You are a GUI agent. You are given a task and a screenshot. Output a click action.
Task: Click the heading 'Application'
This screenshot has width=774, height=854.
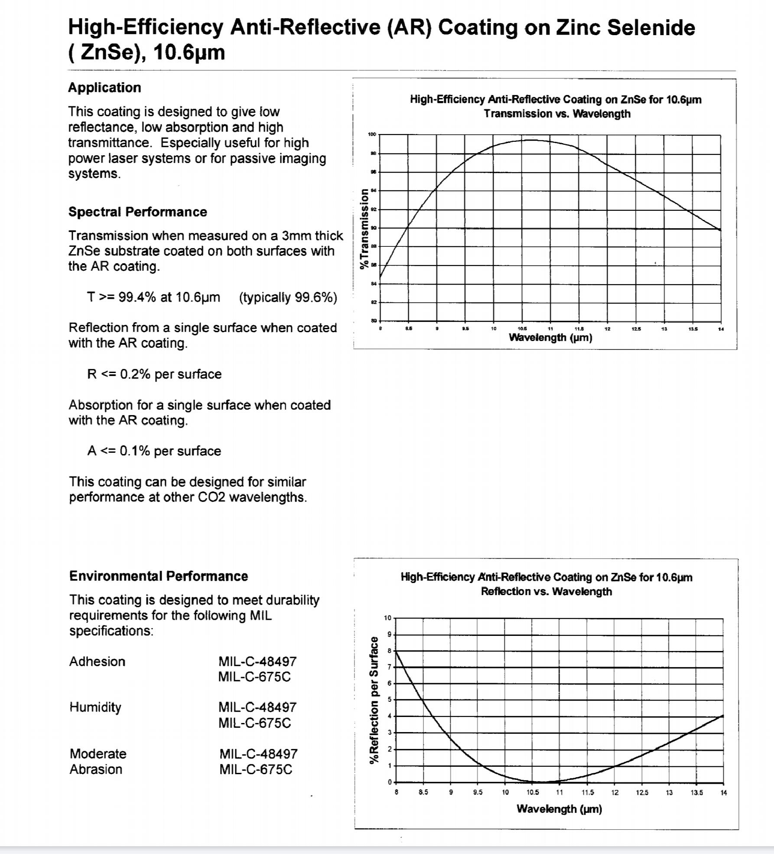(x=104, y=88)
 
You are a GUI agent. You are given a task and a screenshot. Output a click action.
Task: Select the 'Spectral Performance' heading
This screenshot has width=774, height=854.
(x=137, y=212)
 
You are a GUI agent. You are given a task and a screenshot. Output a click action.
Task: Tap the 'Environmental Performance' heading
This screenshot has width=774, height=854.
(x=158, y=576)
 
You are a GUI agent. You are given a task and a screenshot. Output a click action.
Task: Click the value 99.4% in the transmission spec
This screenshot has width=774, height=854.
(x=137, y=298)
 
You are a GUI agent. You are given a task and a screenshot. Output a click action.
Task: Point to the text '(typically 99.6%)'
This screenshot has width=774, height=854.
(x=288, y=298)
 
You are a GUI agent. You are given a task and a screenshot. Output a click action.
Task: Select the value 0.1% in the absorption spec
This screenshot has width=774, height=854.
(x=135, y=451)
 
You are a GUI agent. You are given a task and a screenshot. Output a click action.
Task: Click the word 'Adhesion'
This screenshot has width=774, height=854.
(x=97, y=661)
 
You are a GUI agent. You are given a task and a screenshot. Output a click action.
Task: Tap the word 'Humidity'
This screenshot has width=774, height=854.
(x=95, y=707)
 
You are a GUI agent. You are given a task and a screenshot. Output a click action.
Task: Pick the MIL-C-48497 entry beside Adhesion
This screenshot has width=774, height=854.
(x=257, y=661)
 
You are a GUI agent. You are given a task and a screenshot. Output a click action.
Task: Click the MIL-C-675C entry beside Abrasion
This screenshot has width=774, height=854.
(x=256, y=769)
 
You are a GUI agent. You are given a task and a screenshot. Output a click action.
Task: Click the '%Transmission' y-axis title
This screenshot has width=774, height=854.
(x=365, y=229)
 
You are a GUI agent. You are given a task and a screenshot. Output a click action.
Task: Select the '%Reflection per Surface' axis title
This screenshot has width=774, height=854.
(x=373, y=700)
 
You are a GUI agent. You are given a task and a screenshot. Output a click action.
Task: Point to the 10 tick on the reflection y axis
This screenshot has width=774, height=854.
(x=387, y=618)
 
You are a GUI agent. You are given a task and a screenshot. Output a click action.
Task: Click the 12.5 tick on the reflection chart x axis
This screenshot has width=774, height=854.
(x=642, y=793)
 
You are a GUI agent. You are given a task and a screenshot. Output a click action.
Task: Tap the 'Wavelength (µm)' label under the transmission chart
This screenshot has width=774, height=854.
(x=550, y=337)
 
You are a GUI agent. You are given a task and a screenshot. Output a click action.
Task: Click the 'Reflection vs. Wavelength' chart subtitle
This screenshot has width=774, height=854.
(x=546, y=592)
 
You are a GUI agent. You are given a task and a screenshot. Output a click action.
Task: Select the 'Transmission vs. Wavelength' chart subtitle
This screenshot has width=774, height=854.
(x=557, y=114)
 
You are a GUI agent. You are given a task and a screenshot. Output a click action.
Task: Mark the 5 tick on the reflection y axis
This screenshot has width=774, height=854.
(x=389, y=700)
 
